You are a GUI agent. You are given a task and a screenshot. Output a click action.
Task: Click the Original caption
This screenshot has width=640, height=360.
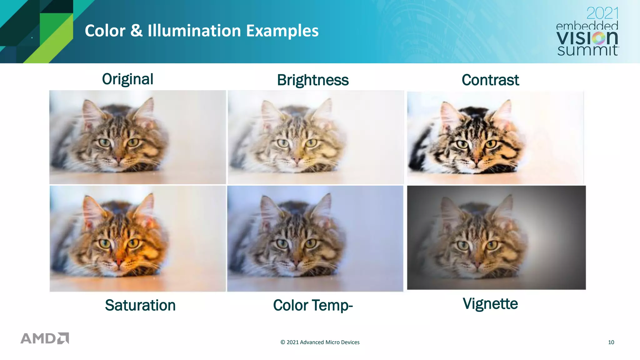[127, 79]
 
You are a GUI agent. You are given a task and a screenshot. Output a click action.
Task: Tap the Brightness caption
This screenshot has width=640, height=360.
[313, 80]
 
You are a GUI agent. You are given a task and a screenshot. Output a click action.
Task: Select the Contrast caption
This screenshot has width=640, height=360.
[490, 80]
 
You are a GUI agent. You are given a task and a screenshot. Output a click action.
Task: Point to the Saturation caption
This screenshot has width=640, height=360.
[140, 305]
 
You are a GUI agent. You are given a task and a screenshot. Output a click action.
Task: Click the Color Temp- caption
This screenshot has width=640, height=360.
[313, 305]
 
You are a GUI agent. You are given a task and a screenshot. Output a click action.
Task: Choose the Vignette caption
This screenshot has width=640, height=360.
[490, 304]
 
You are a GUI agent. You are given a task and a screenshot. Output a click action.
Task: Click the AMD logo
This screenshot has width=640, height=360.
[45, 338]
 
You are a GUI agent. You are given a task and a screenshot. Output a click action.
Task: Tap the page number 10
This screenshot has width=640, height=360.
[611, 342]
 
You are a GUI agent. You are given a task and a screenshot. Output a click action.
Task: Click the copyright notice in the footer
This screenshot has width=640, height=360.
[320, 342]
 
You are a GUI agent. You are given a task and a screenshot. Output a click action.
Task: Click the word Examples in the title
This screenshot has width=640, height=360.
[282, 31]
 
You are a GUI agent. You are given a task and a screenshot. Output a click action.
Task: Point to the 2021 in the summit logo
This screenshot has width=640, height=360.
[602, 13]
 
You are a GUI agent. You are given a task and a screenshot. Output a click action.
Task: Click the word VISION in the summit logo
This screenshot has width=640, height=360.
[587, 38]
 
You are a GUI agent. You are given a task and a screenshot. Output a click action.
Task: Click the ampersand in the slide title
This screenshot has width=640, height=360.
[136, 31]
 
